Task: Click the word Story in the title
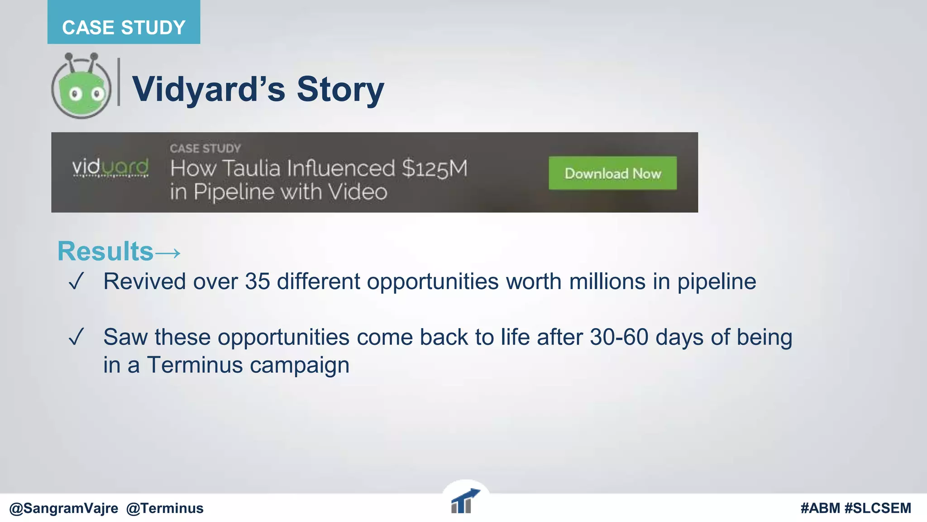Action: (x=340, y=89)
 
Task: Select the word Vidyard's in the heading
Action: (x=209, y=89)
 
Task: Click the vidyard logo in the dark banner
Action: (x=110, y=168)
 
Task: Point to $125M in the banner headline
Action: (x=434, y=169)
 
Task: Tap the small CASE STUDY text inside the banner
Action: (x=205, y=148)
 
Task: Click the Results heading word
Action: (x=105, y=251)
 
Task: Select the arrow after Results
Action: (x=168, y=252)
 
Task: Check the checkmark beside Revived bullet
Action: (x=76, y=281)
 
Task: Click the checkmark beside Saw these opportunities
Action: (x=76, y=337)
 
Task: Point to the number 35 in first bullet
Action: (x=257, y=281)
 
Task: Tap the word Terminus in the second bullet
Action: (x=195, y=365)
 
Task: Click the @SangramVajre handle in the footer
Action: (x=63, y=508)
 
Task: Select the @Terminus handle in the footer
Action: (x=165, y=508)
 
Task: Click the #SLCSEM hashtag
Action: (x=878, y=508)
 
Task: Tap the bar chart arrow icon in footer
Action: (x=464, y=502)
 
